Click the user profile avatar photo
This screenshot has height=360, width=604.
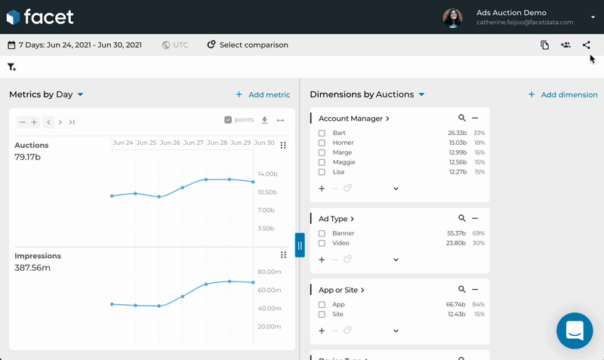pos(452,17)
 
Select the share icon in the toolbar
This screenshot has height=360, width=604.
pos(586,45)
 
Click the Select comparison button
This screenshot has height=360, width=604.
pos(248,45)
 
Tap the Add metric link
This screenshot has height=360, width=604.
pos(263,95)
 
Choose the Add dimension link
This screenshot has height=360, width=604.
pos(562,95)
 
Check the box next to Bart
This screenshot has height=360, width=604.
pos(322,134)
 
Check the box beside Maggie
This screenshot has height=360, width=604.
pos(322,162)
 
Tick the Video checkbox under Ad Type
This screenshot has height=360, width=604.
pos(322,244)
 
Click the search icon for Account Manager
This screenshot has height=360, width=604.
pos(462,118)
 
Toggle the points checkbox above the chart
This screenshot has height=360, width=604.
pos(228,120)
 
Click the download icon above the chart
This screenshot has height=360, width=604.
pos(264,120)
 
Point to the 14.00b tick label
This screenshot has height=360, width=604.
pos(267,174)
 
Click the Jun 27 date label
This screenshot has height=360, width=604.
pos(193,143)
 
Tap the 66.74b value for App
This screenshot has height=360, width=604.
pos(456,305)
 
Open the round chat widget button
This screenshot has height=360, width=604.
pos(575,331)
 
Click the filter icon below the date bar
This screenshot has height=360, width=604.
pos(11,67)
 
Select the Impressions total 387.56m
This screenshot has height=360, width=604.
pos(32,268)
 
